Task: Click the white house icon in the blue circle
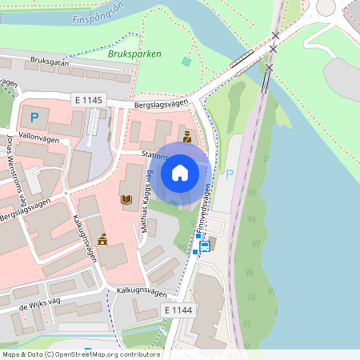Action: [180, 172]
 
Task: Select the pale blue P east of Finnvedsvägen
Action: [230, 174]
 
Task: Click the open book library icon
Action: [126, 199]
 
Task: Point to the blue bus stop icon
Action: [205, 246]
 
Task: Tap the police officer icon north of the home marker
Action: [187, 138]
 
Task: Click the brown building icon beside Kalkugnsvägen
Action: [102, 238]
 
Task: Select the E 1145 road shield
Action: [87, 99]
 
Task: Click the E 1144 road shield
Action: [178, 310]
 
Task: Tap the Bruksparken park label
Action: [134, 54]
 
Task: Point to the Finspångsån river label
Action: [98, 17]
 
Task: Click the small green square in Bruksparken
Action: [187, 61]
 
